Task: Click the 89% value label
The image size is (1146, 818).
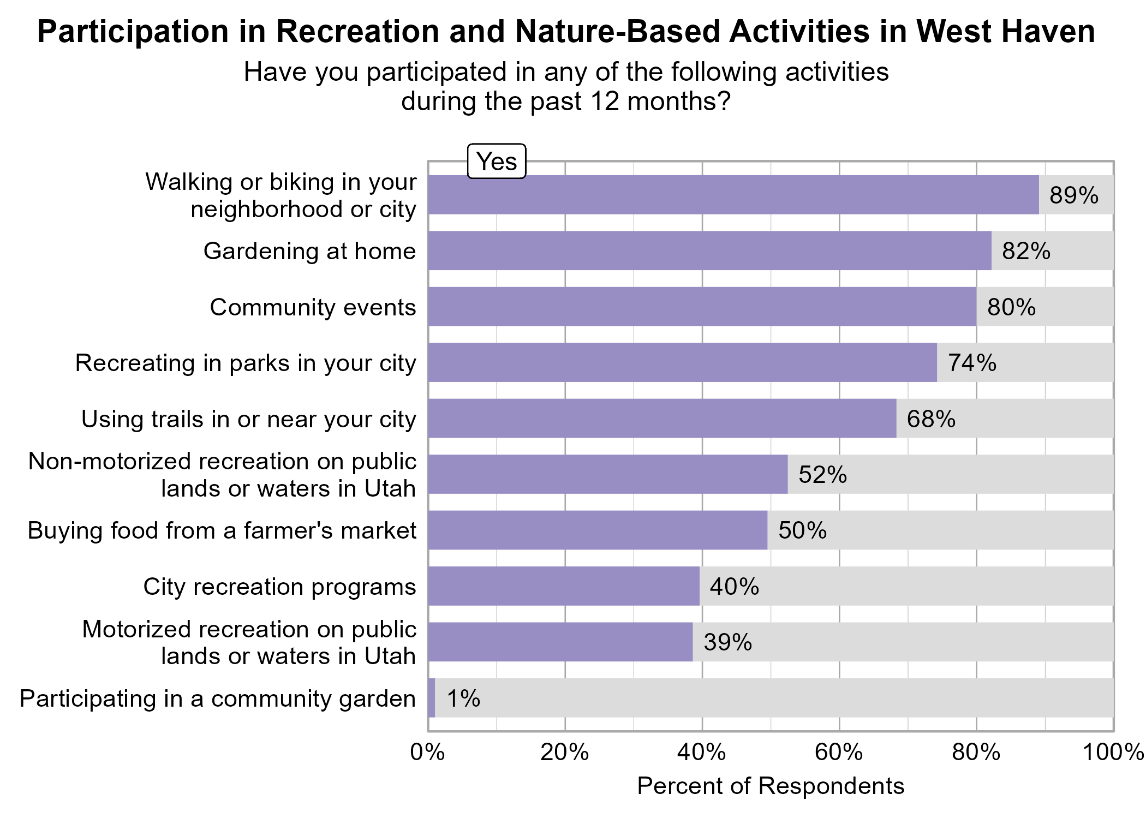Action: (x=1073, y=195)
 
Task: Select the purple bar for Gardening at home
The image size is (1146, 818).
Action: (x=709, y=251)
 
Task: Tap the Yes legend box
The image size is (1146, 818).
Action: (x=497, y=162)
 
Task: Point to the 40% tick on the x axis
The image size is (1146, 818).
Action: (x=702, y=753)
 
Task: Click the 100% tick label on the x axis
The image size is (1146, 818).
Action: (x=1113, y=753)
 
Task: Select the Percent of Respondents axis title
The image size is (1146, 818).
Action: (x=771, y=786)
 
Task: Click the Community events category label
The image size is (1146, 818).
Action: (x=313, y=307)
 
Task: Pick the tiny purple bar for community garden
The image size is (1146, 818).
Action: (x=432, y=698)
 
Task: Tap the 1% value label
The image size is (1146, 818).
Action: (x=463, y=698)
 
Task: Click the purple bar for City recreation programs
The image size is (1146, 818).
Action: (x=564, y=586)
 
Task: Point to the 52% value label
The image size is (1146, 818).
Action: (x=822, y=475)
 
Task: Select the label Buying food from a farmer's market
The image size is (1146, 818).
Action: (x=222, y=530)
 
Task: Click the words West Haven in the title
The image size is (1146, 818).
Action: (x=1005, y=32)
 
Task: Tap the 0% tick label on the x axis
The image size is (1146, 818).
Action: (x=428, y=753)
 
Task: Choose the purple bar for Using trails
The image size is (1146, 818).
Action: (x=662, y=419)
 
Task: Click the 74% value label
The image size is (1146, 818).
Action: (x=972, y=363)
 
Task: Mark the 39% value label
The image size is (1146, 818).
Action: (x=727, y=642)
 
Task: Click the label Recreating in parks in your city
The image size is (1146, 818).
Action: (x=246, y=363)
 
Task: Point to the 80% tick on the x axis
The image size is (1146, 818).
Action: (x=976, y=753)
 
